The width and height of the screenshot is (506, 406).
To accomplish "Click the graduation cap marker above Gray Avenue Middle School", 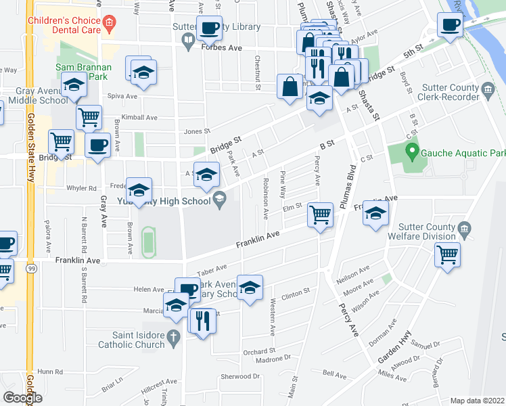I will click(x=74, y=85).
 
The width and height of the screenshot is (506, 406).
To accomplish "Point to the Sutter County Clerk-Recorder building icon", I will click(x=486, y=90).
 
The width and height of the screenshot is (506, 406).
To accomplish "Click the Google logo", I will click(x=22, y=397).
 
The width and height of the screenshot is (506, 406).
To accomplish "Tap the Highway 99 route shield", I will click(x=31, y=269).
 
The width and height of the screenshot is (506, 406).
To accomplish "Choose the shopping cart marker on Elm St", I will click(x=320, y=215).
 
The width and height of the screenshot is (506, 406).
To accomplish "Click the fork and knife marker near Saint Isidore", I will click(x=202, y=319).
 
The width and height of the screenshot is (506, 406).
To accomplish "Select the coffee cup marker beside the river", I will click(x=449, y=25).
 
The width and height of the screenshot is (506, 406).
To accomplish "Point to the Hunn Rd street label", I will click(x=50, y=371).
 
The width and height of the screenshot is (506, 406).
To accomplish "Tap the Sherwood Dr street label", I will click(x=240, y=376).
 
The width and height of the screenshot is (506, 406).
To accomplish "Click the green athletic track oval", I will click(x=148, y=242).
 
